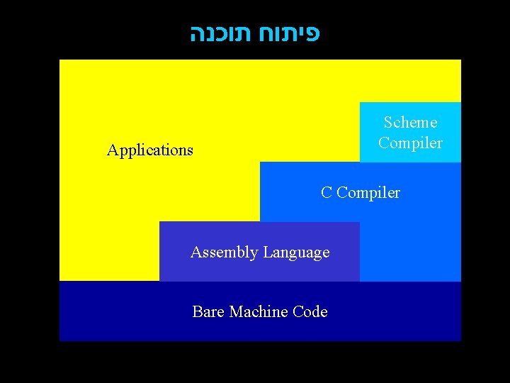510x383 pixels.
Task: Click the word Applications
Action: click(x=150, y=150)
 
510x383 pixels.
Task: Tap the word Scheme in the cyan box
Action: click(x=410, y=123)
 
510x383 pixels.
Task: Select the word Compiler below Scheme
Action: click(x=410, y=143)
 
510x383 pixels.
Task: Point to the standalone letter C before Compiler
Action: click(x=326, y=193)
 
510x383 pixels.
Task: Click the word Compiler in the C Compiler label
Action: click(x=368, y=193)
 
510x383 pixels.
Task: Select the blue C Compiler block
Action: click(x=411, y=234)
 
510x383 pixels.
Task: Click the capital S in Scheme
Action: click(x=388, y=123)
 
